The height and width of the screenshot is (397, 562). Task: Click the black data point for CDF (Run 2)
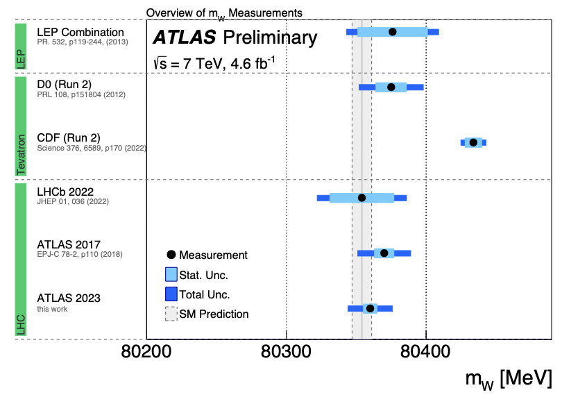(473, 142)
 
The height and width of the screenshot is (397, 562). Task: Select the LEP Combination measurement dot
(393, 32)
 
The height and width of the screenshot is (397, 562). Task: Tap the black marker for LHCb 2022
(361, 198)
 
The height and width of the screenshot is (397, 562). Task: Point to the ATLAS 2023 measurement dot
(370, 308)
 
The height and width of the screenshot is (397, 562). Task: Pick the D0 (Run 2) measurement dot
(391, 87)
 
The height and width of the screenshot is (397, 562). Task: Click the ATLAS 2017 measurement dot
(384, 253)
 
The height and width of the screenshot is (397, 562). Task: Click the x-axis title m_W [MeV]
(509, 379)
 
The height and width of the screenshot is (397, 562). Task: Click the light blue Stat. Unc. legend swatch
(171, 275)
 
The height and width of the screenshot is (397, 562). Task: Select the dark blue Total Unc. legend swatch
(171, 294)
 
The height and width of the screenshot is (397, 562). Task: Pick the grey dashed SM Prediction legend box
(171, 314)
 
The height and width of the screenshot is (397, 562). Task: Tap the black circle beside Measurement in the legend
(171, 255)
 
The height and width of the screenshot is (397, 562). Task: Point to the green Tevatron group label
(21, 127)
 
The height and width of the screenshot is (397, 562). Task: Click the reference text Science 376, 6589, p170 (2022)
(92, 149)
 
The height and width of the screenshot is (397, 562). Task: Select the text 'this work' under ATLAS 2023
(52, 309)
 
